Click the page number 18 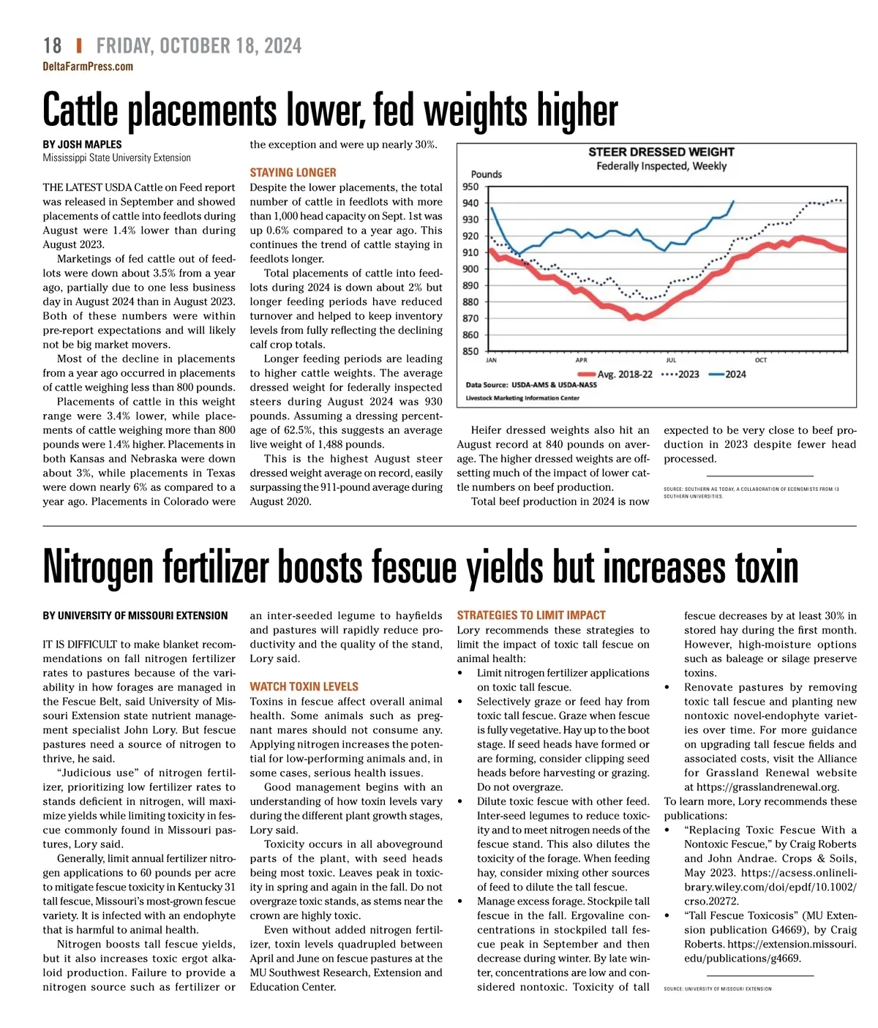coord(52,46)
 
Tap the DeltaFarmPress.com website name coord(88,67)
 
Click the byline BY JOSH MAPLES coord(82,145)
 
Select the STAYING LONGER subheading coord(293,173)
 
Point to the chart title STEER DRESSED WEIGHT coord(661,152)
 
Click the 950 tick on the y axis coord(470,187)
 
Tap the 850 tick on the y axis coord(470,351)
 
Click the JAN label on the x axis coord(491,361)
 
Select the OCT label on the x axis coord(761,361)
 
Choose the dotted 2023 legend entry coord(680,374)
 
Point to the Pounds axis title coord(486,174)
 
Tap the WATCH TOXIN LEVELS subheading coord(304,687)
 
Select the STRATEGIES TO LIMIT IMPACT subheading coord(531,615)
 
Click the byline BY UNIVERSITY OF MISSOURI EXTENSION coord(135,616)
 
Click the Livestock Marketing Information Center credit coord(522,398)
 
